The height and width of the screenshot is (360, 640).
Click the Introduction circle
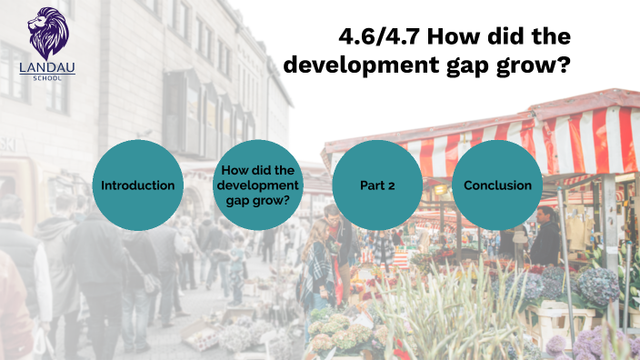point(138,185)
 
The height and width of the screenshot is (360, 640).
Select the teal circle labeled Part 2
point(377,185)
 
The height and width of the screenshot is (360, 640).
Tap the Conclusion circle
point(497,185)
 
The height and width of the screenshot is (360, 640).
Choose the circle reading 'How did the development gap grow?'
point(258,185)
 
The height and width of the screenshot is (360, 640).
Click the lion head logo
point(47,33)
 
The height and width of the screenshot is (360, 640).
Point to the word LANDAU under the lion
point(47,66)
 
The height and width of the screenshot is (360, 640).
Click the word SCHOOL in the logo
point(47,77)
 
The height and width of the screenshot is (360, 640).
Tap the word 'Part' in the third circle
point(371,185)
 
